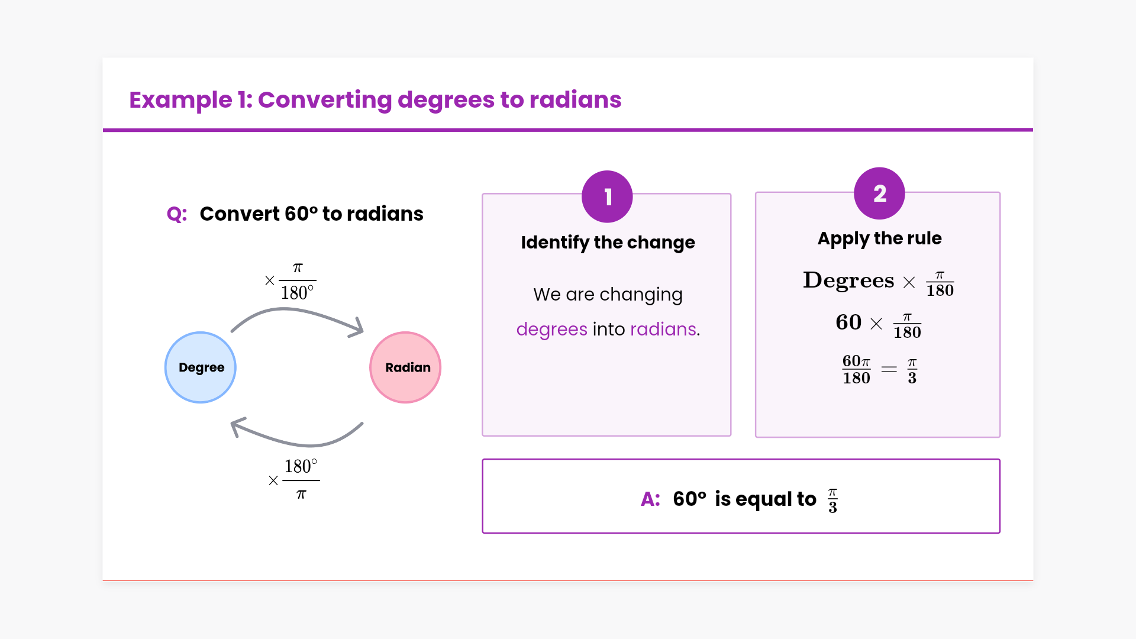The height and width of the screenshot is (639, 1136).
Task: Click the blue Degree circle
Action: (201, 367)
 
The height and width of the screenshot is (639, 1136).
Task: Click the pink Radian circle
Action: (405, 367)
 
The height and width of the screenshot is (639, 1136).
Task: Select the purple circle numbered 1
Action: (607, 196)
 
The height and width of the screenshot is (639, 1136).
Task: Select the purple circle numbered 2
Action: (879, 193)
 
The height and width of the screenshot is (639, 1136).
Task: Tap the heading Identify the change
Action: (608, 243)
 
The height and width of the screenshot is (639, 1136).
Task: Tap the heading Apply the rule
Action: (879, 238)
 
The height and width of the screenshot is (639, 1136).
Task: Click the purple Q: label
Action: (177, 214)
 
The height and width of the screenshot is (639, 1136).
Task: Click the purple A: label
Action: (650, 499)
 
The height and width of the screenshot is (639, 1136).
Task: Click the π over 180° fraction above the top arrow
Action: (297, 281)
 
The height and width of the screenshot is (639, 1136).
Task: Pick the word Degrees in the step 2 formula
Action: (848, 280)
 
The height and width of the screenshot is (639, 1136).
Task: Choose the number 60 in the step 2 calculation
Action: (848, 322)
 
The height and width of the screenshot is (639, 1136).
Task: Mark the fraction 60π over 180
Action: (856, 370)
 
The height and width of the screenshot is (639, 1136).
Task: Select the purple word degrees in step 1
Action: (551, 330)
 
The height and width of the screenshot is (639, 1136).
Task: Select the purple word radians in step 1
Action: (663, 329)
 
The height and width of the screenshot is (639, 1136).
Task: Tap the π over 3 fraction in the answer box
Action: (832, 501)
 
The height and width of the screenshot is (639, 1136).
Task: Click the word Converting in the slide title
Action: (325, 101)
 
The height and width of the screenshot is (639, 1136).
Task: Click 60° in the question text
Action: (301, 214)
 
